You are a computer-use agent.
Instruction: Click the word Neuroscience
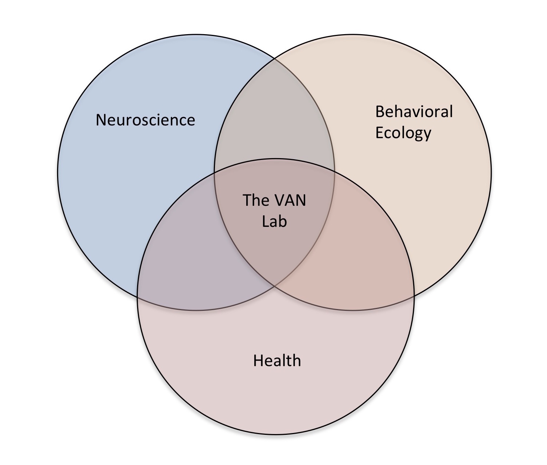145,120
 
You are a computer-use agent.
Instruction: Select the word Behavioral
414,112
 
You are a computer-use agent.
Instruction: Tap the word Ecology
403,133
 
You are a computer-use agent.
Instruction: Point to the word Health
277,361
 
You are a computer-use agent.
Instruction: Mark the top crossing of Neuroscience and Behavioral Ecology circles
275,59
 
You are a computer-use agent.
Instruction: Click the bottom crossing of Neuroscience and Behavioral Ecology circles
275,286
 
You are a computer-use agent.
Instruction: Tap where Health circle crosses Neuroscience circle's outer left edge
137,295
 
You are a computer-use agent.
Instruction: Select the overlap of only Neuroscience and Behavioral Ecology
275,120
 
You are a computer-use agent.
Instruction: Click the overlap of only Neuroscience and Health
196,262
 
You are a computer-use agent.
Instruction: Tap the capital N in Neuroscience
100,120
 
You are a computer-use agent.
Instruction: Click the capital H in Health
257,361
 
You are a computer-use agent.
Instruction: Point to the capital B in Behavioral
379,112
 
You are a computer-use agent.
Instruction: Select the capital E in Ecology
379,133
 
